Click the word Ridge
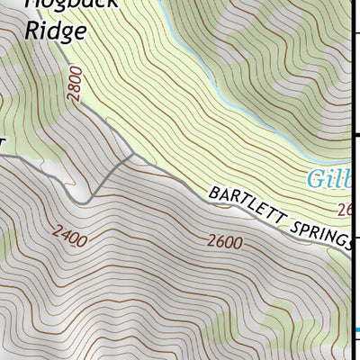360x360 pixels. point(55,31)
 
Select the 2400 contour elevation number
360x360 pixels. point(69,239)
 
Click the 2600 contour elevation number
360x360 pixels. point(224,241)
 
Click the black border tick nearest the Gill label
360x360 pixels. point(355,136)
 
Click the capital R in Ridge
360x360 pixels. point(31,31)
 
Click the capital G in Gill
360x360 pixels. point(316,178)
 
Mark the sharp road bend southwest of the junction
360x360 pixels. point(87,200)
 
